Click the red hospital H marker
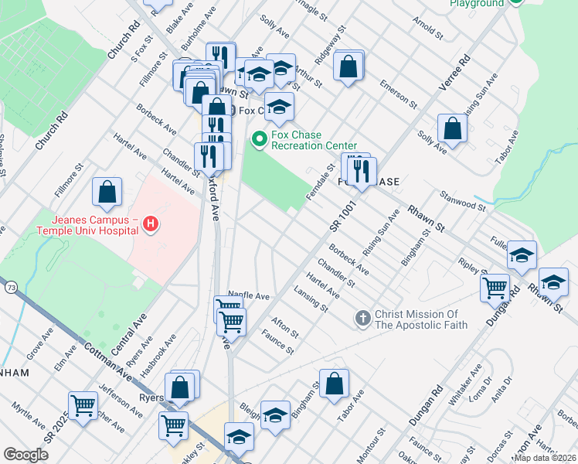point(151,225)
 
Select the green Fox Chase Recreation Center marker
point(260,139)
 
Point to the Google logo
point(25,455)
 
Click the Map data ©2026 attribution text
point(546,458)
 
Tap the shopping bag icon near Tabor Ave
point(334,383)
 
